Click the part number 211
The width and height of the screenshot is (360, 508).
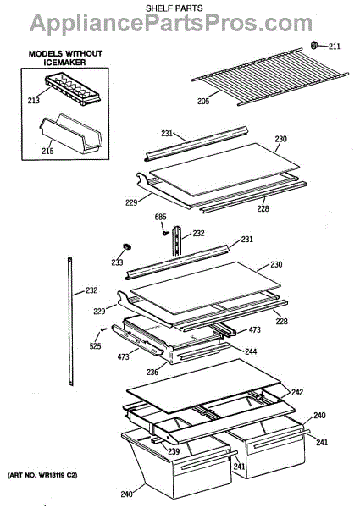tap(335, 47)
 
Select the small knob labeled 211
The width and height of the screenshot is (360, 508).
tap(314, 46)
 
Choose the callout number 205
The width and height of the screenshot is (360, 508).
tap(203, 102)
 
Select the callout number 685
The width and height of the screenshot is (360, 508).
tap(160, 217)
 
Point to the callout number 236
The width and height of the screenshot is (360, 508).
tap(152, 372)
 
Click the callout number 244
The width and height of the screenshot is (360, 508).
tap(251, 351)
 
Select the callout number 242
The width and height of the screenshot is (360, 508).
tap(296, 392)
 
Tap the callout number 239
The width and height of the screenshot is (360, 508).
tap(174, 451)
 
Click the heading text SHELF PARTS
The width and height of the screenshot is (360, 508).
tap(174, 8)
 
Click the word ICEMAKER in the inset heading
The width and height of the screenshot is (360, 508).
tap(65, 62)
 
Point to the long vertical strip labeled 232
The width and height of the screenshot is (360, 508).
tap(70, 321)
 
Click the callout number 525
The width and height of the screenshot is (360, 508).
tap(95, 346)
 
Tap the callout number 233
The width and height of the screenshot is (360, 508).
tap(117, 262)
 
